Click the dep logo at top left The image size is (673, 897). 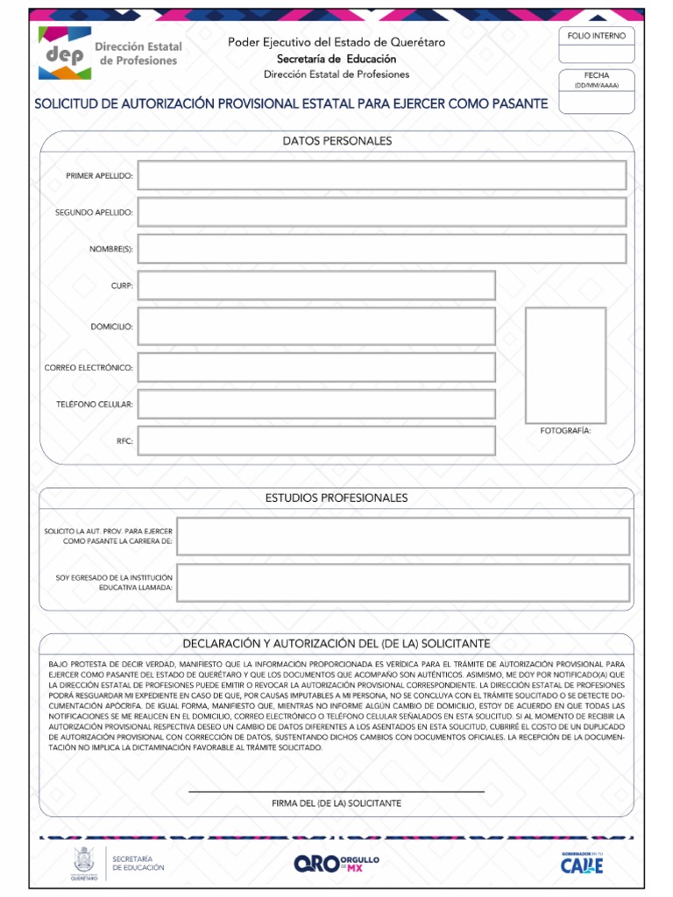[63, 53]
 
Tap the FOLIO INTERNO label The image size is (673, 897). [597, 36]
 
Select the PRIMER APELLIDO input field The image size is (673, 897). [382, 175]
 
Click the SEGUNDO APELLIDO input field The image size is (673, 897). [382, 212]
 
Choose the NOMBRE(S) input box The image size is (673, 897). [382, 249]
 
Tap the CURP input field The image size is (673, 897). [316, 286]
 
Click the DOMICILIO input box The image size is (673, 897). [316, 326]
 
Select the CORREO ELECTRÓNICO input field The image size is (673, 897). [316, 367]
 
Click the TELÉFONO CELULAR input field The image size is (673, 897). [316, 404]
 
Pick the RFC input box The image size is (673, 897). [316, 441]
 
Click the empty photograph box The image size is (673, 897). [565, 365]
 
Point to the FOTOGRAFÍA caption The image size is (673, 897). [565, 432]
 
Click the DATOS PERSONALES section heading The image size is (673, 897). [336, 141]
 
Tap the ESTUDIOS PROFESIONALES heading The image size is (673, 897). [336, 498]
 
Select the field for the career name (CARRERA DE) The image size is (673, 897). [403, 536]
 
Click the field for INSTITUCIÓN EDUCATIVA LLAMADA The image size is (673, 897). [403, 583]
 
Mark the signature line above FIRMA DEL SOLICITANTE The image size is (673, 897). [336, 791]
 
